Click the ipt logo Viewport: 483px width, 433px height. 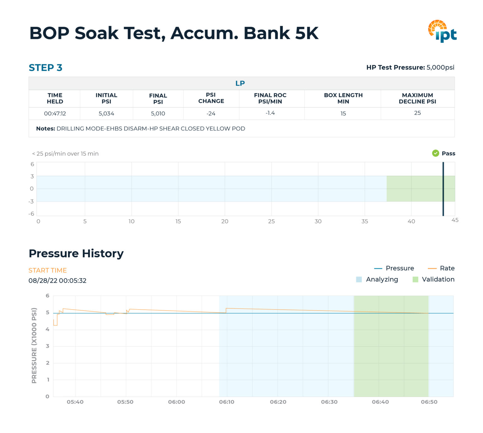click(x=442, y=31)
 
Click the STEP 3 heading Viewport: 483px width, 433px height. click(x=45, y=68)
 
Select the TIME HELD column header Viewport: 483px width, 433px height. click(x=55, y=98)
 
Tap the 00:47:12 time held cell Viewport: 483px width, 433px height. click(x=55, y=113)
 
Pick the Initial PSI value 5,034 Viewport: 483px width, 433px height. click(x=106, y=113)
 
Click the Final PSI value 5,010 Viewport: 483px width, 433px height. click(x=158, y=113)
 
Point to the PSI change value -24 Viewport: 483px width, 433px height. click(x=211, y=113)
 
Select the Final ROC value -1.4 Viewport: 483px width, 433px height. click(x=270, y=113)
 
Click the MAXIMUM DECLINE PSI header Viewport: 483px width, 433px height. click(x=417, y=98)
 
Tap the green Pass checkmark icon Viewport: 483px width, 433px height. click(x=436, y=153)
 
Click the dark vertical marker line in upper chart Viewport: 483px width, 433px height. click(x=443, y=189)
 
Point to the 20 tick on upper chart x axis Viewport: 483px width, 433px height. click(x=225, y=221)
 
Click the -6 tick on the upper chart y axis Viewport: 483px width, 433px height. click(x=31, y=214)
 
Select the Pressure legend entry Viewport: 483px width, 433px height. click(x=394, y=268)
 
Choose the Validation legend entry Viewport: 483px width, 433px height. click(x=433, y=279)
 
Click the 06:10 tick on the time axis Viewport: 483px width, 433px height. click(x=226, y=402)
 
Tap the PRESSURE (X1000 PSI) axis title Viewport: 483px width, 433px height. click(x=34, y=345)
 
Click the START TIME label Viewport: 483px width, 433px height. click(x=47, y=270)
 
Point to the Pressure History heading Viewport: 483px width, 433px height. click(x=76, y=253)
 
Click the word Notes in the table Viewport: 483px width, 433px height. click(x=45, y=129)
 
